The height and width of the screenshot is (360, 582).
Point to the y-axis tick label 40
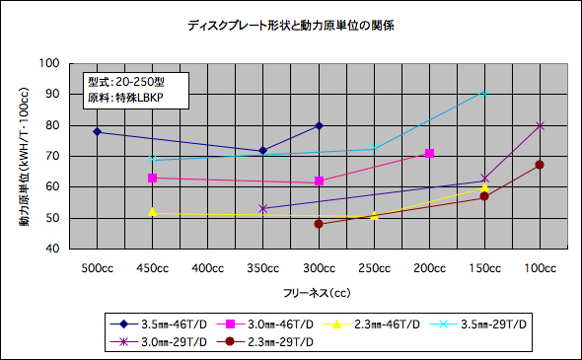pyautogui.click(x=50, y=249)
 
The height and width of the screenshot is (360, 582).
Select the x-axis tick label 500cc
pyautogui.click(x=97, y=268)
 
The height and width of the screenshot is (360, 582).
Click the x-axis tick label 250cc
pyautogui.click(x=374, y=268)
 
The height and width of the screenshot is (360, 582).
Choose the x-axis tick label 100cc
pyautogui.click(x=540, y=268)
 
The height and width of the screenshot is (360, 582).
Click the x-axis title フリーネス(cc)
pyautogui.click(x=315, y=293)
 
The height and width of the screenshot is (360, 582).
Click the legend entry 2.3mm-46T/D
pyautogui.click(x=381, y=324)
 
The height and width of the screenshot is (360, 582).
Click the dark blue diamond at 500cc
pyautogui.click(x=97, y=131)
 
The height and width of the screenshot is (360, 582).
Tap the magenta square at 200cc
pyautogui.click(x=429, y=153)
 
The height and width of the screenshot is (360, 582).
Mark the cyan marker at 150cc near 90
pyautogui.click(x=484, y=93)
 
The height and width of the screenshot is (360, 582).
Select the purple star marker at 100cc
pyautogui.click(x=540, y=125)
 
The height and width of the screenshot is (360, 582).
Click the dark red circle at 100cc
pyautogui.click(x=540, y=165)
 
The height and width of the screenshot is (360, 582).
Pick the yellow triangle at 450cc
pyautogui.click(x=152, y=212)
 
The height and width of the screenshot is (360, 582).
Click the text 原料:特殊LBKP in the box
pyautogui.click(x=125, y=100)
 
